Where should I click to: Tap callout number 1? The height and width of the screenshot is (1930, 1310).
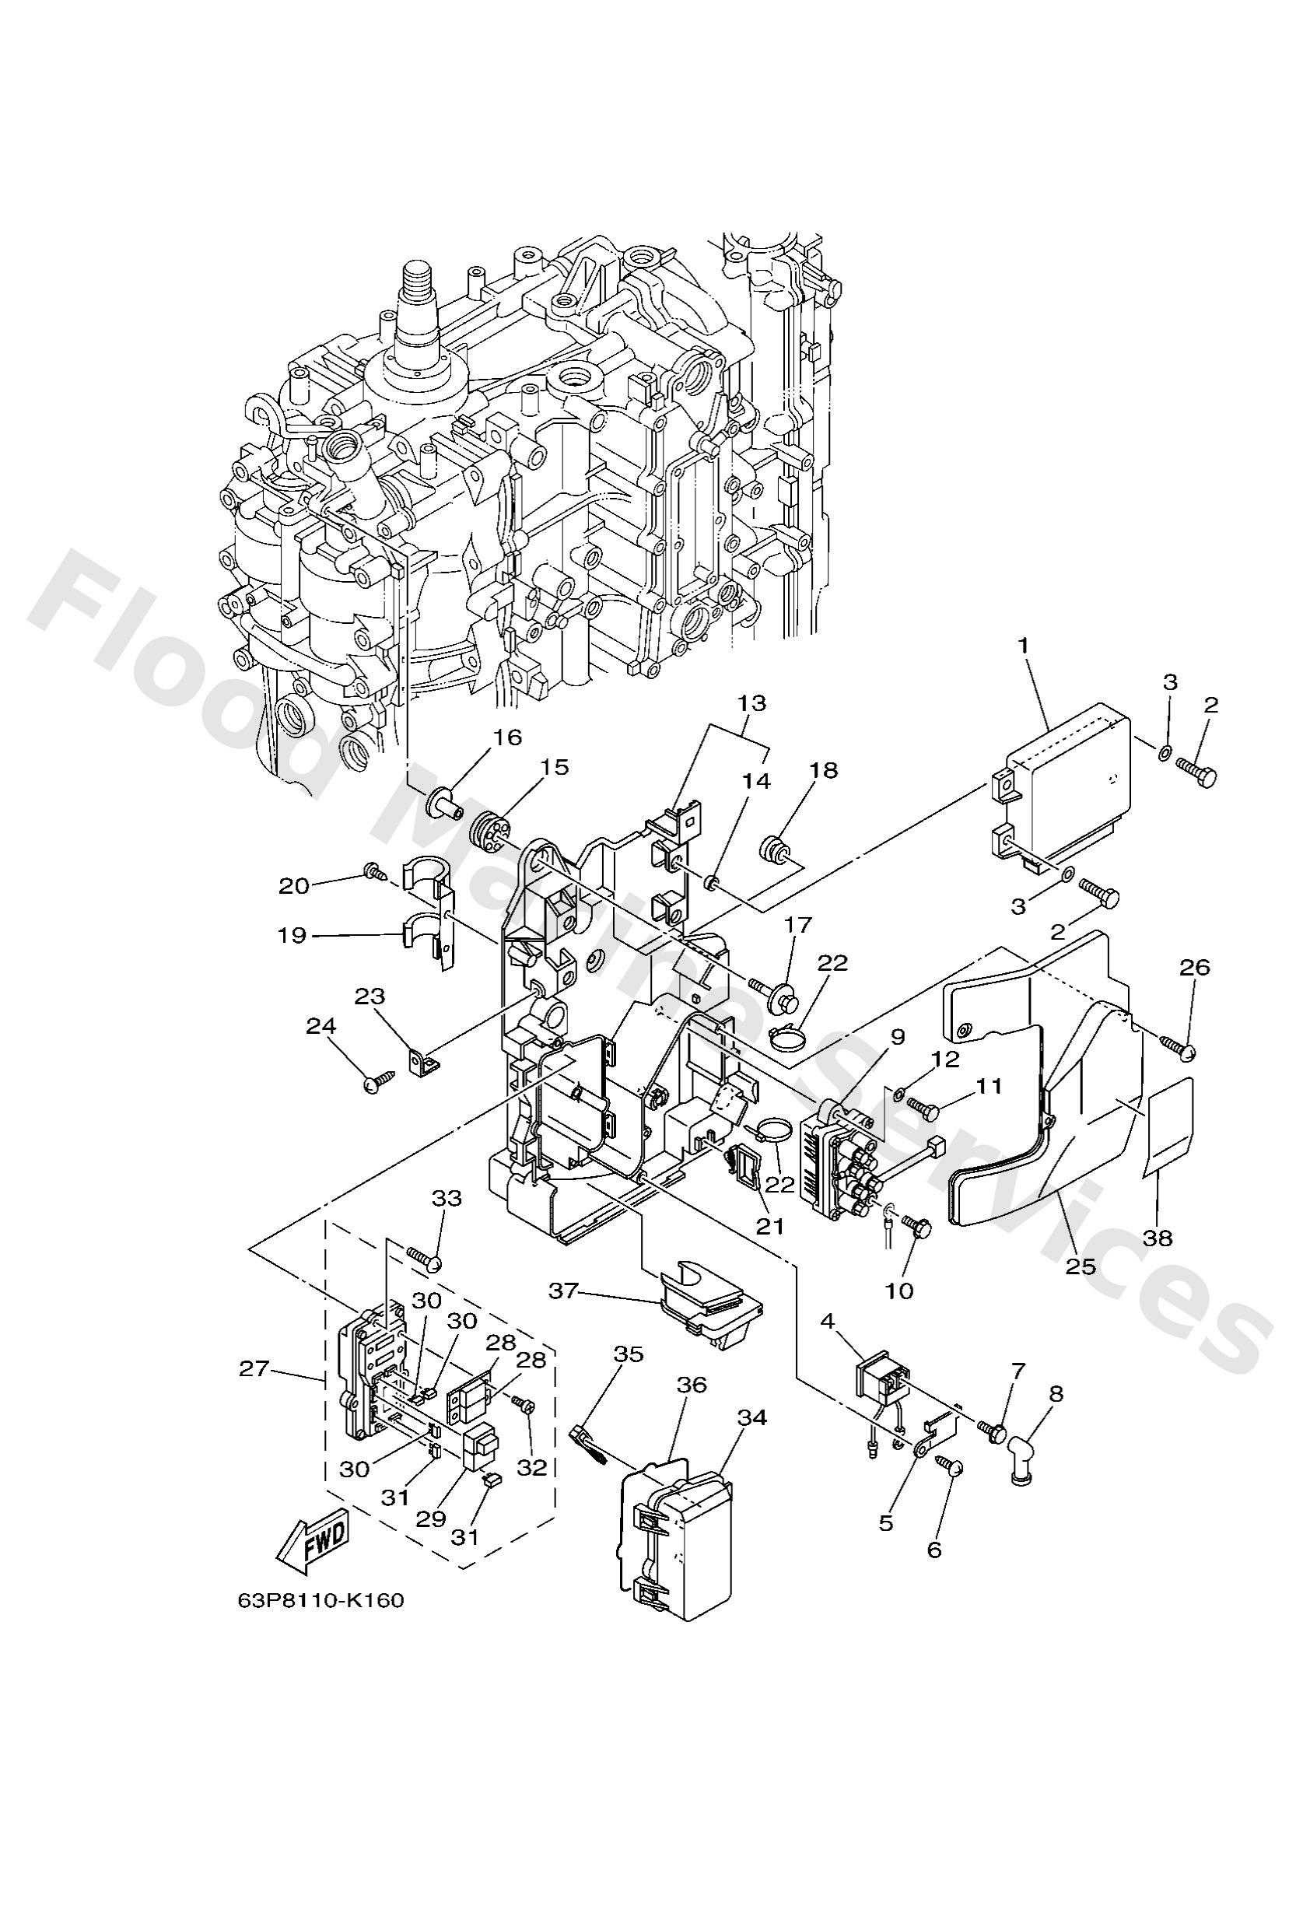click(1025, 643)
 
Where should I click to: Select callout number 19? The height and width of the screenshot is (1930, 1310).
click(293, 936)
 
